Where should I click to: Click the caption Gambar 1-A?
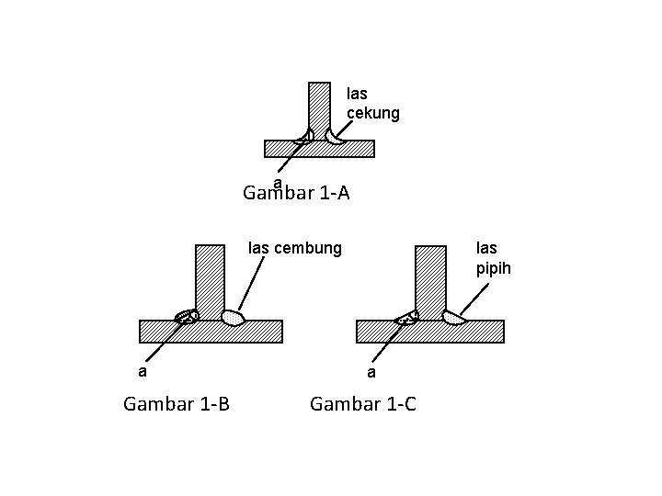click(296, 194)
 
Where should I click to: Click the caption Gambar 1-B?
click(177, 402)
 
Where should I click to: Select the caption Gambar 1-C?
click(363, 402)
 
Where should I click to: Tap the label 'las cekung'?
click(372, 103)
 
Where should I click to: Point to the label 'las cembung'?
click(296, 247)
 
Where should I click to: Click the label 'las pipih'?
click(493, 258)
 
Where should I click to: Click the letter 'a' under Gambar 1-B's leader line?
click(142, 372)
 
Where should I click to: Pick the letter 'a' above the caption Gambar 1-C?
click(371, 373)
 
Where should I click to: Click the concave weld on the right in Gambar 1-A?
click(335, 137)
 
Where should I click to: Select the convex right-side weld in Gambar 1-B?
click(233, 317)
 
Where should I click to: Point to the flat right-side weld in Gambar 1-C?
click(452, 318)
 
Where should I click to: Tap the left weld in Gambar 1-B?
click(188, 316)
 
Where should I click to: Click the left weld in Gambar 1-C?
click(407, 317)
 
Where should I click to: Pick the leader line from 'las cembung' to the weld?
click(251, 283)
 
